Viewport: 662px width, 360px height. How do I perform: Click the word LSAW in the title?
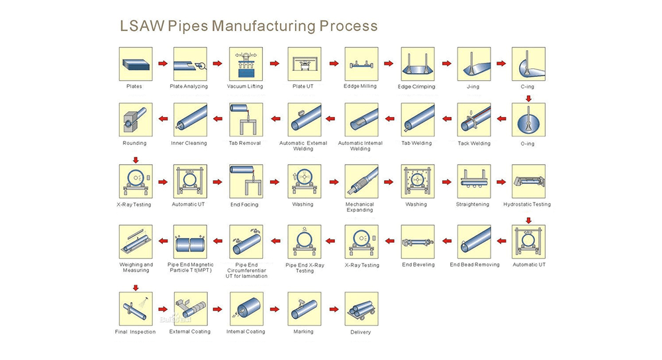coord(142,26)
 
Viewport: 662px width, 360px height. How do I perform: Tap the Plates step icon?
coord(136,64)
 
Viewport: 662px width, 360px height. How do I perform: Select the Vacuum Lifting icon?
coord(246,64)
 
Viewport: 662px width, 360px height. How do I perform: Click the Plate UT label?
coord(303,86)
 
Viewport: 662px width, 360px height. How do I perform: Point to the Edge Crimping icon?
coord(418,64)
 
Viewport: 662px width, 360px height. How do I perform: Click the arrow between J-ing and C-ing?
coord(501,64)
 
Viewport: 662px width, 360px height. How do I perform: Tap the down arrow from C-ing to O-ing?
coord(528,99)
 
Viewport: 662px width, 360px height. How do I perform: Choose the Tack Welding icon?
coord(474,119)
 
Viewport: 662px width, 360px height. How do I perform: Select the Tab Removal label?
coord(245,143)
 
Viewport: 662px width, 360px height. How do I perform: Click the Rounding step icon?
coord(136,119)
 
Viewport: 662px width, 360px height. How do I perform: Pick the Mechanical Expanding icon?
coord(361,181)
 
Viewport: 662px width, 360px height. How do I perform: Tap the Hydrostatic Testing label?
coord(527,204)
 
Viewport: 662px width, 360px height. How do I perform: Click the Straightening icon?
coord(474,181)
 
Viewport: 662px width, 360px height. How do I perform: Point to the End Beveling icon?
coord(418,242)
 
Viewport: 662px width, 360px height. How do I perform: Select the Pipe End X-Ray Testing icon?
coord(304,242)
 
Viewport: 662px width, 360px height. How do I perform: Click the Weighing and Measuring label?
coord(136,267)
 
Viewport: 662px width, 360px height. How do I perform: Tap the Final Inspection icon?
coord(136,308)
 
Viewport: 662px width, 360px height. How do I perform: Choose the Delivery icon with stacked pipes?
coord(361,308)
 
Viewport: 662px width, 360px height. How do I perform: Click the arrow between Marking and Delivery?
coord(334,309)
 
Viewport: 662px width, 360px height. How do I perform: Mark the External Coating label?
coord(190,332)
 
